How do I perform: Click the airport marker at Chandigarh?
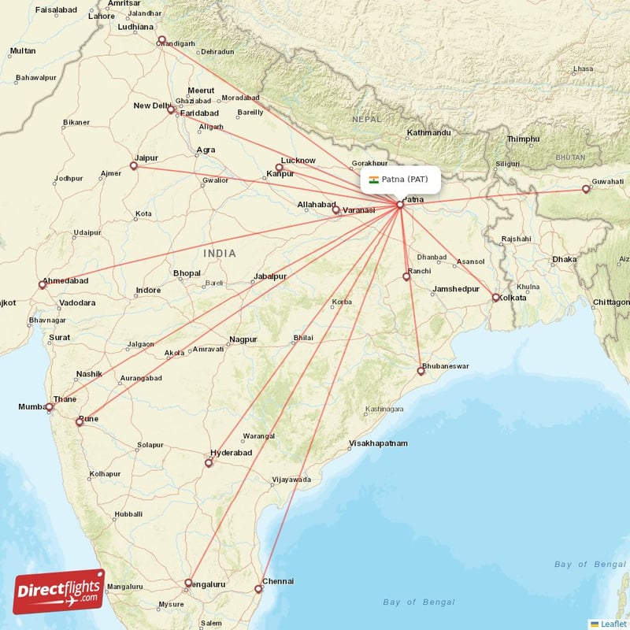161,40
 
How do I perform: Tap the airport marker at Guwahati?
585,189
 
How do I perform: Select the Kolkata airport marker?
495,298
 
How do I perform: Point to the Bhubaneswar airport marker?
421,371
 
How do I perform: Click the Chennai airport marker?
258,589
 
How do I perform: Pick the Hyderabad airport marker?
209,463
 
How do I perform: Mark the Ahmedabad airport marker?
43,285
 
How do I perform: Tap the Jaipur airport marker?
134,166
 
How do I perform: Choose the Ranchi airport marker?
406,276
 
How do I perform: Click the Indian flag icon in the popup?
373,180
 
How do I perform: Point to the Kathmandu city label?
429,132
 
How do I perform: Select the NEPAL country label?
366,119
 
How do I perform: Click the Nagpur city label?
243,339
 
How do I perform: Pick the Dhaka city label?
564,259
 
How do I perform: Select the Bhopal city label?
187,272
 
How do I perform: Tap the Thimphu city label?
524,139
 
